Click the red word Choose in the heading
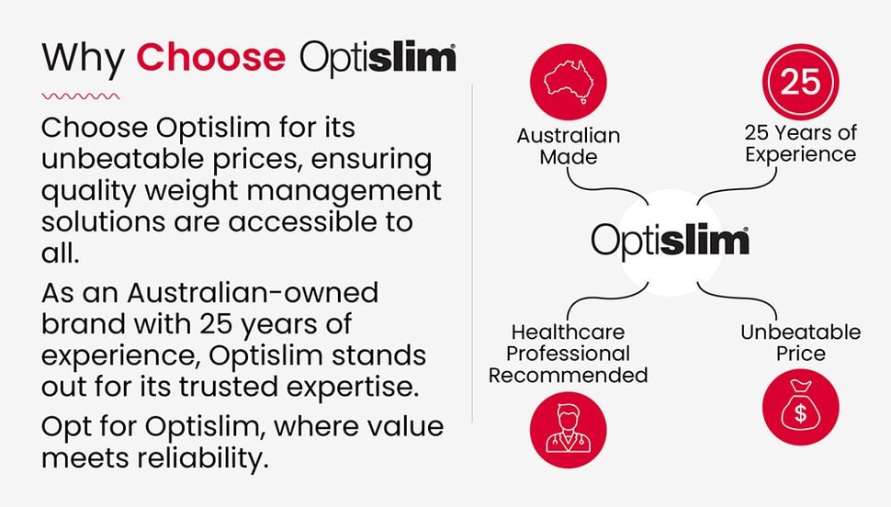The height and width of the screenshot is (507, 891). pos(211,57)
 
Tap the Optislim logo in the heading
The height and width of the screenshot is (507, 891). pos(378,57)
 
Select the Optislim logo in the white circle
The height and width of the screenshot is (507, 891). pos(670,241)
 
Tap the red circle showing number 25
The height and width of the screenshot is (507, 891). pos(800,81)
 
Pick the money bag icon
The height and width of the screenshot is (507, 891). pos(800,409)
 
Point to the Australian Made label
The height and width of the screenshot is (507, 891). pos(569,146)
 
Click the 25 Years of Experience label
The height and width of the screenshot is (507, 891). pos(800,144)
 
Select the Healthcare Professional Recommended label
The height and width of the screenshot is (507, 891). pos(569,353)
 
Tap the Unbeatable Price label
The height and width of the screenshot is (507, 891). pos(800,343)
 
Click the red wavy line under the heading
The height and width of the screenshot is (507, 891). pos(81,94)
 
